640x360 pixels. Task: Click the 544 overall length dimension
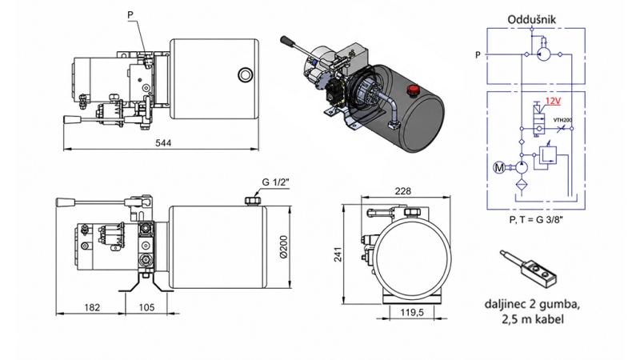[x=162, y=144]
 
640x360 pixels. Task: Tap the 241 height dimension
[x=339, y=255]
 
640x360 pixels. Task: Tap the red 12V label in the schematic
[x=553, y=103]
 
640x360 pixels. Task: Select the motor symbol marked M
[x=500, y=169]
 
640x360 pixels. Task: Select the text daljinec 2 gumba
[x=530, y=305]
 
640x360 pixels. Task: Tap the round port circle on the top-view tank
[x=242, y=75]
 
